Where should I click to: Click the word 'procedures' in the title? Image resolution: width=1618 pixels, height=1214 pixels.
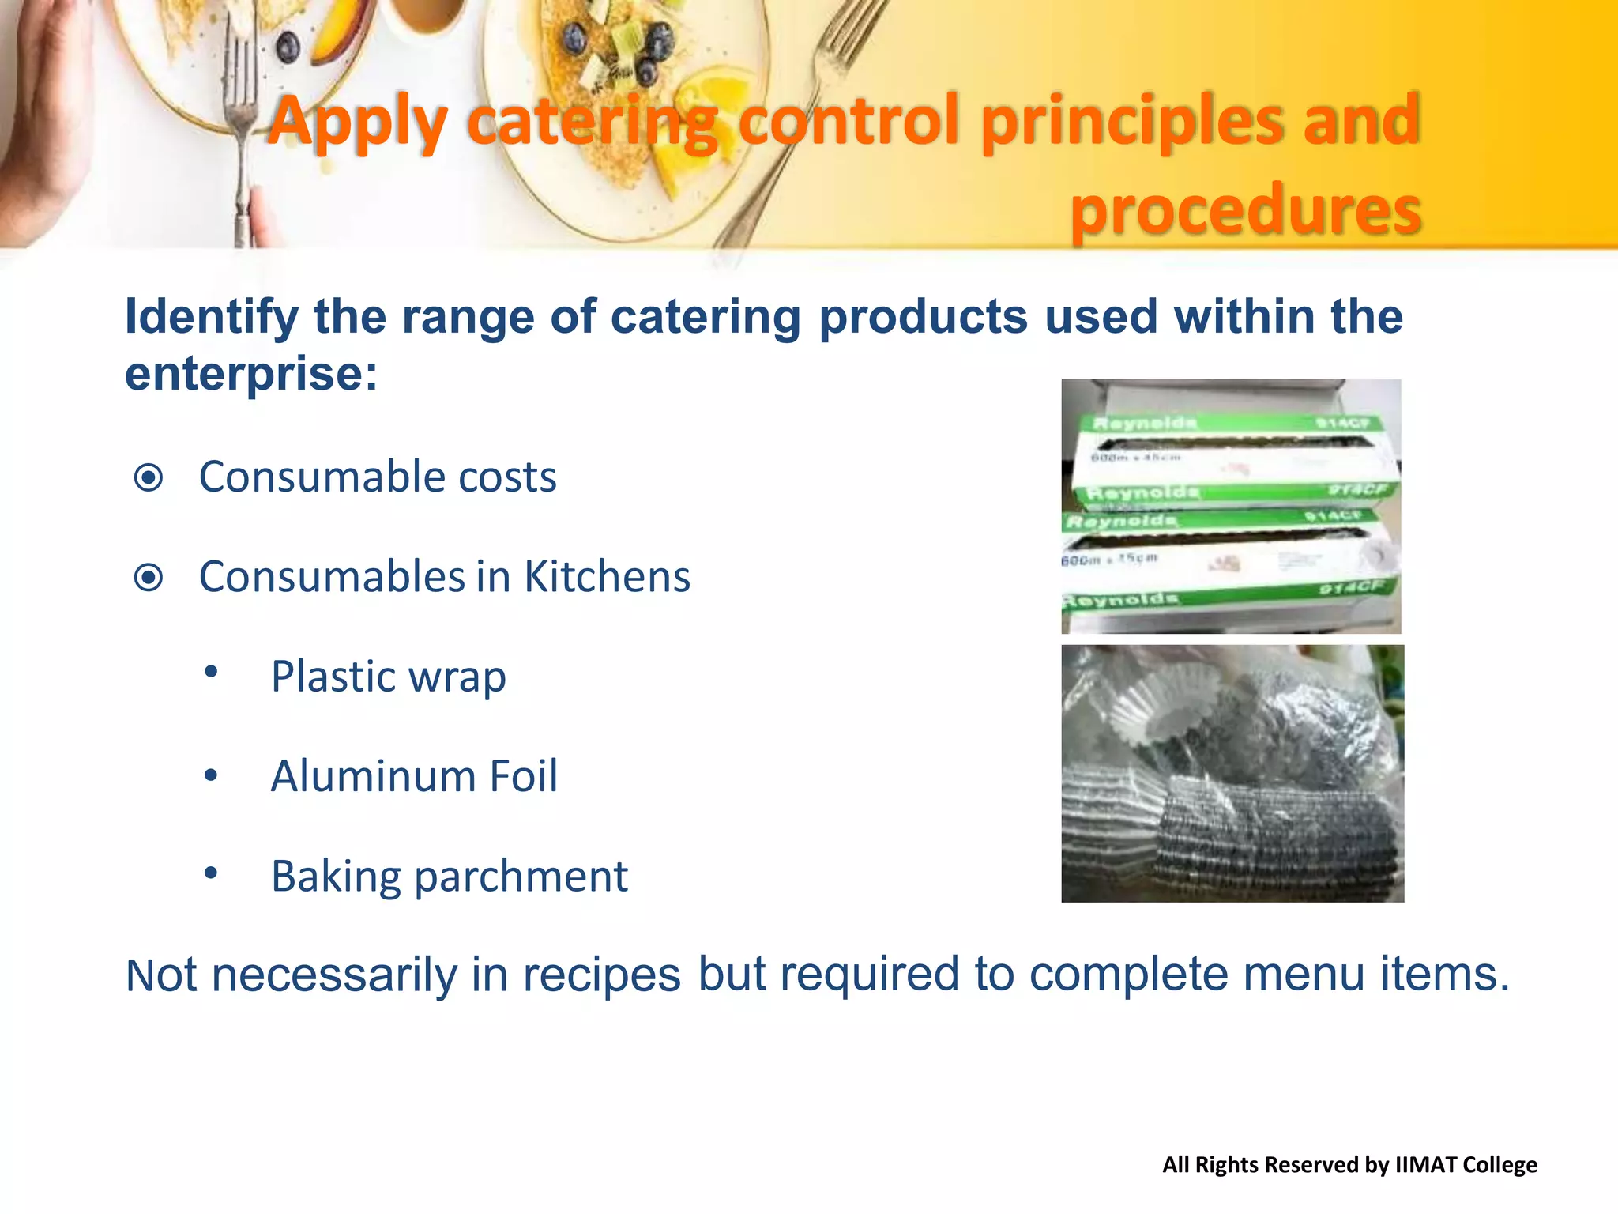point(1246,211)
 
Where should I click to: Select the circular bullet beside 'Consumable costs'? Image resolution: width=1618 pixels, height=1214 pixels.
point(149,478)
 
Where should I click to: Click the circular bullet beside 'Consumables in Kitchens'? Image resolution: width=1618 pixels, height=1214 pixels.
point(149,578)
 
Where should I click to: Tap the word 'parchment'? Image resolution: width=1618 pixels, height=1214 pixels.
point(521,877)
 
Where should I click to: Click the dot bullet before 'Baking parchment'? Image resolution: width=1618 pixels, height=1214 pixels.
point(211,873)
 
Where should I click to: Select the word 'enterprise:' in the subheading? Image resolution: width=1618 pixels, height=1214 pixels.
point(251,374)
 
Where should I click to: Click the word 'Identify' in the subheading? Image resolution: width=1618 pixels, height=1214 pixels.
point(211,318)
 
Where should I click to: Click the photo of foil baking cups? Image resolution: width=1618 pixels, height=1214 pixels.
point(1232,774)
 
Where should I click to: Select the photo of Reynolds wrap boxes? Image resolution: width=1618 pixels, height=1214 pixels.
point(1231,507)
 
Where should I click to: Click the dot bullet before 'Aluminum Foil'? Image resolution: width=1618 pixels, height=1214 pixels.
point(211,775)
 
